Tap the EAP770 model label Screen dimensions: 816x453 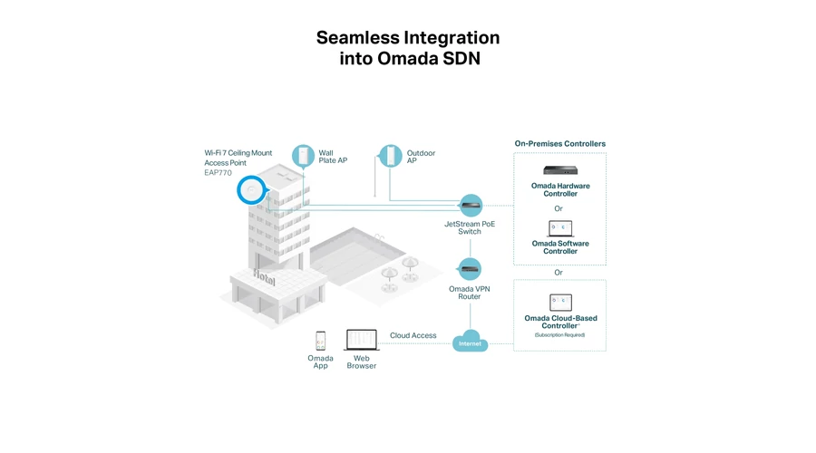(218, 173)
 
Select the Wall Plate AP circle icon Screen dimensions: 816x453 (303, 156)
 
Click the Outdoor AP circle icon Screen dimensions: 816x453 (390, 156)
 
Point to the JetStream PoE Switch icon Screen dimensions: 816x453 (471, 206)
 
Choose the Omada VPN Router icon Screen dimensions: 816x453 (471, 269)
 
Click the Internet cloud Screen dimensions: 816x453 (470, 342)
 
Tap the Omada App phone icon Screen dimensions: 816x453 (321, 341)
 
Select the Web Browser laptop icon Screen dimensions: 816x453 (362, 340)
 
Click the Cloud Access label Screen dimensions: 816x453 (413, 335)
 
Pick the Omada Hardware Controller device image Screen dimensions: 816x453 (560, 170)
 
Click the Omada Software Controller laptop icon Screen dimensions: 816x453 (560, 229)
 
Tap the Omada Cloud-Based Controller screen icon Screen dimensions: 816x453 (560, 303)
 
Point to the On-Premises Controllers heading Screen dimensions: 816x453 (560, 143)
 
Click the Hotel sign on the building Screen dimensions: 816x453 (265, 278)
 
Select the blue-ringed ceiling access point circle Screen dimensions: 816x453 (252, 190)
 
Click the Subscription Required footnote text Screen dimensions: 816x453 (559, 335)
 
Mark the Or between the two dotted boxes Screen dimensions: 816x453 (559, 273)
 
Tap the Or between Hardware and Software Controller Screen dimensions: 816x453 (559, 208)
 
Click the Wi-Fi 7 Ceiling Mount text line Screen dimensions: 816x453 (238, 153)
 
